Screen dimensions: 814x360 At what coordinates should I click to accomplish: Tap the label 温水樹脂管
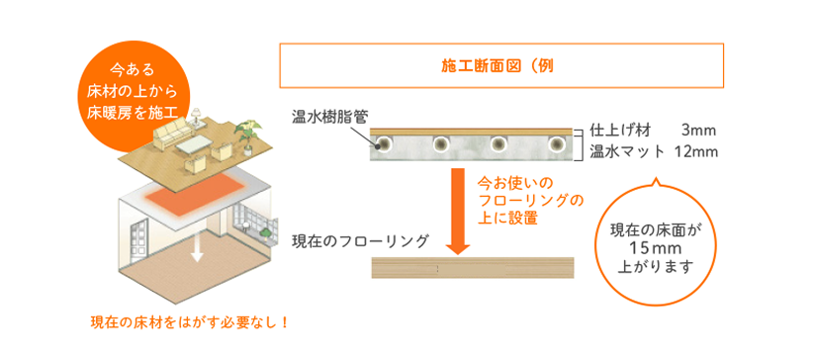[x=328, y=117]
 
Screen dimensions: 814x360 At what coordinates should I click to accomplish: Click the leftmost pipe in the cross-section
[x=381, y=145]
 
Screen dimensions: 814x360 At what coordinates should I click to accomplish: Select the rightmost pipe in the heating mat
[x=555, y=145]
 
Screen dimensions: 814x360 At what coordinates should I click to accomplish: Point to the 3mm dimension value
[x=698, y=131]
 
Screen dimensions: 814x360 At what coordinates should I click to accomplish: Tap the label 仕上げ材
[x=620, y=131]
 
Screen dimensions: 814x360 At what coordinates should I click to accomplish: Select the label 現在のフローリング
[x=360, y=241]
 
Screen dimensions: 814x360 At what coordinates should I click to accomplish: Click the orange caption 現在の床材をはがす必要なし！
[x=188, y=322]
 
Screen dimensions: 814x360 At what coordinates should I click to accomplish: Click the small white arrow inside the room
[x=197, y=250]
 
